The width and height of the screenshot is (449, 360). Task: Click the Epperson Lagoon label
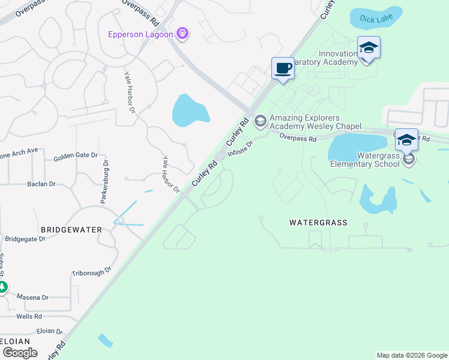coord(140,34)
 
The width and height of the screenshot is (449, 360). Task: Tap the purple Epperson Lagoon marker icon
coord(183,34)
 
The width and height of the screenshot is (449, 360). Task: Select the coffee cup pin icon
coord(283,68)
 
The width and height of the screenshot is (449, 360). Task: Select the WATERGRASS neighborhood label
coord(318,223)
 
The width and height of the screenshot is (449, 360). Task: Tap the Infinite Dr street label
coord(240,146)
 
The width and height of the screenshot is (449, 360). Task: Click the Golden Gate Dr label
coord(75,157)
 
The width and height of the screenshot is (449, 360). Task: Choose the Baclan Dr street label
coord(41,184)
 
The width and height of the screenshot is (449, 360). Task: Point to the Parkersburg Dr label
coord(104,182)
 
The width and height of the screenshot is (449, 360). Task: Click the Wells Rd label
coord(29,316)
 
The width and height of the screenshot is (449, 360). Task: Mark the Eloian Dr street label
coord(49,331)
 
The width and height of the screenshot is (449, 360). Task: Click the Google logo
coord(20,353)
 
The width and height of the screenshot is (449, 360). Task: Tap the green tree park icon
coord(2,287)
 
